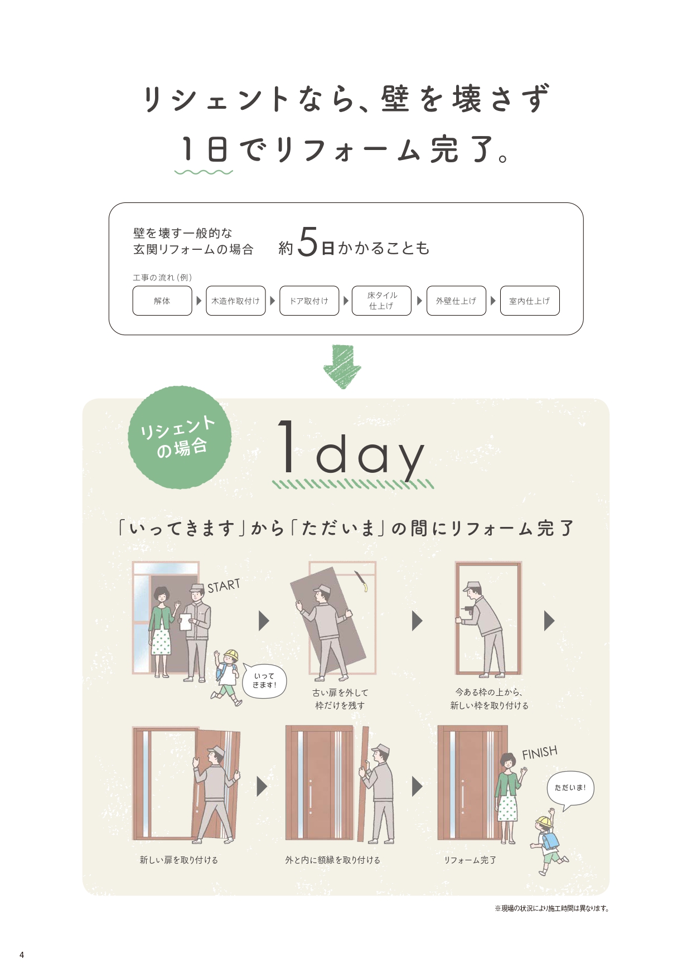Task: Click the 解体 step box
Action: [x=162, y=301]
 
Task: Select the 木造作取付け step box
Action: [x=235, y=301]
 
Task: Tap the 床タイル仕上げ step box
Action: [x=381, y=301]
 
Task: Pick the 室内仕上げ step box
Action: [x=529, y=301]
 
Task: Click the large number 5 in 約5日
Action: [x=307, y=243]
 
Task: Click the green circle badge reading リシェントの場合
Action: [x=179, y=438]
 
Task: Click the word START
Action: [x=224, y=586]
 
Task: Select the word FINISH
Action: [x=539, y=753]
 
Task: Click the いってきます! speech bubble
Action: [x=264, y=681]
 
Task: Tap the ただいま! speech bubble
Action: [x=570, y=788]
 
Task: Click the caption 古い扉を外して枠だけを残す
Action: [x=340, y=699]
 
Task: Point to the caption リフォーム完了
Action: [x=470, y=860]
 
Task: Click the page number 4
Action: [x=22, y=955]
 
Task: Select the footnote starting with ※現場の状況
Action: [x=551, y=908]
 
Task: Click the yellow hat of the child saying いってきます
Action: [x=230, y=655]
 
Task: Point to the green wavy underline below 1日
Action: [x=204, y=172]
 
